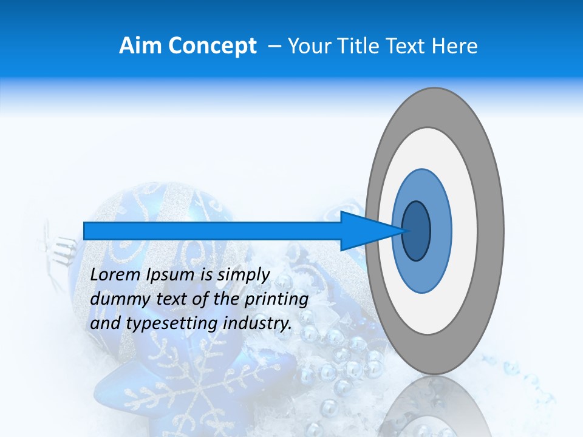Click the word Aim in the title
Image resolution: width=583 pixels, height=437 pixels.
141,46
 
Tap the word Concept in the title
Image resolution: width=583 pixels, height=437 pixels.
213,46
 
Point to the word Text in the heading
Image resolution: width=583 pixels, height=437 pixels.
407,46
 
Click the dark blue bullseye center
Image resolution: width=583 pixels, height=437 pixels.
417,231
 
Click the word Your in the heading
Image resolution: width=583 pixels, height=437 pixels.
307,46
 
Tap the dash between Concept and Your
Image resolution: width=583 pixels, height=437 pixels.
274,46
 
